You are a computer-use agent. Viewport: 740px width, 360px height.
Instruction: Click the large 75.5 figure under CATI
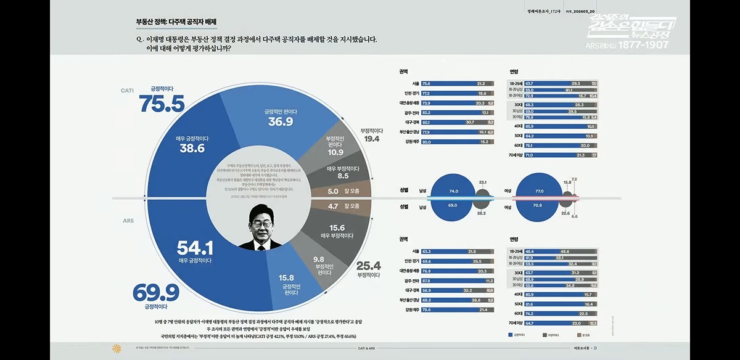point(162,104)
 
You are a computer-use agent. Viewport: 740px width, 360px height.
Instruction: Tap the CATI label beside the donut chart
point(127,90)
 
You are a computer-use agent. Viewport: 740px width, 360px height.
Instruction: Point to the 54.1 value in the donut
point(195,248)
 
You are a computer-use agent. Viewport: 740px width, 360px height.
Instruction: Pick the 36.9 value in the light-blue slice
point(280,121)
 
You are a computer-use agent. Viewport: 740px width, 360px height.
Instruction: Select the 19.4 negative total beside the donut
point(371,140)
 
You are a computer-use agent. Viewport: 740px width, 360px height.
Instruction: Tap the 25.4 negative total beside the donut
point(368,266)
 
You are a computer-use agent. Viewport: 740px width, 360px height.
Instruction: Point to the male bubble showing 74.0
point(453,192)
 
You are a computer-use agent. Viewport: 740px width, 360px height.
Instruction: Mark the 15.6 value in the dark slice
point(337,227)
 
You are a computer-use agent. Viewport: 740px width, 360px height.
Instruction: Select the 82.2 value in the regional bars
point(427,113)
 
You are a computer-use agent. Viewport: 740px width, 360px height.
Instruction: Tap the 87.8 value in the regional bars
point(427,280)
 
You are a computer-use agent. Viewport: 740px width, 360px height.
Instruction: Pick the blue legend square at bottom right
point(510,335)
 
